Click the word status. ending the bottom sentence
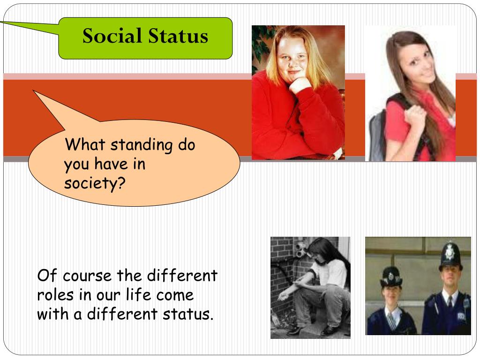187,314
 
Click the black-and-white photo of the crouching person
310,287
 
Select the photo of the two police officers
418,286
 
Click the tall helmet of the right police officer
450,255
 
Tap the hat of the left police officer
391,276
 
